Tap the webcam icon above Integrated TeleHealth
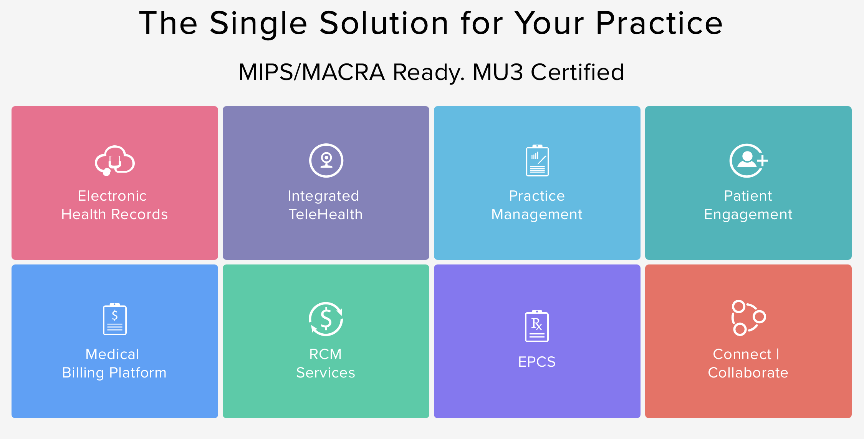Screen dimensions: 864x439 326,160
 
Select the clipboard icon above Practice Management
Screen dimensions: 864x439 537,161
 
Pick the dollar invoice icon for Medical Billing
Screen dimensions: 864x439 115,319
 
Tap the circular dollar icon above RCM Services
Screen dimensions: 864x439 326,319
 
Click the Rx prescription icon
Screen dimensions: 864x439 537,326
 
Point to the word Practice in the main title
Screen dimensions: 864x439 659,23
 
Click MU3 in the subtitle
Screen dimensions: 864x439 498,72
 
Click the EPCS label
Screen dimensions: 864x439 537,362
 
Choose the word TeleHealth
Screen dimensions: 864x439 326,214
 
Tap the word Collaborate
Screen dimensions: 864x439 748,372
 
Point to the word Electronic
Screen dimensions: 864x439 112,196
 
